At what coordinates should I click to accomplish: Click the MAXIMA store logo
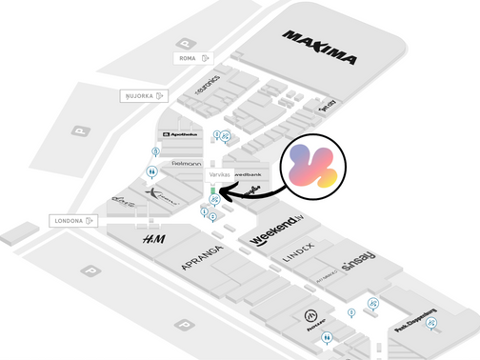320,49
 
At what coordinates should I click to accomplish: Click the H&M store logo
153,240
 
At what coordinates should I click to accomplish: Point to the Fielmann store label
186,163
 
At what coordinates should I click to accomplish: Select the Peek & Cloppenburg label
415,323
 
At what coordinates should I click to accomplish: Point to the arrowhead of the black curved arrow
221,193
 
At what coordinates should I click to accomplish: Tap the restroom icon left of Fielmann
150,172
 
